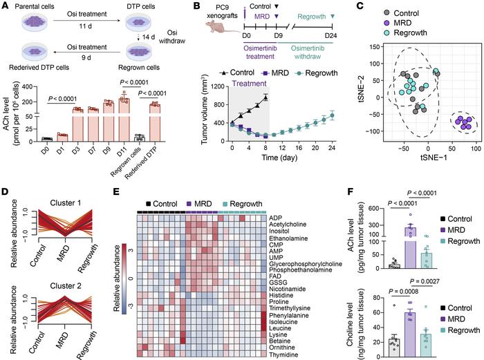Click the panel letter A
tap(6, 6)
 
